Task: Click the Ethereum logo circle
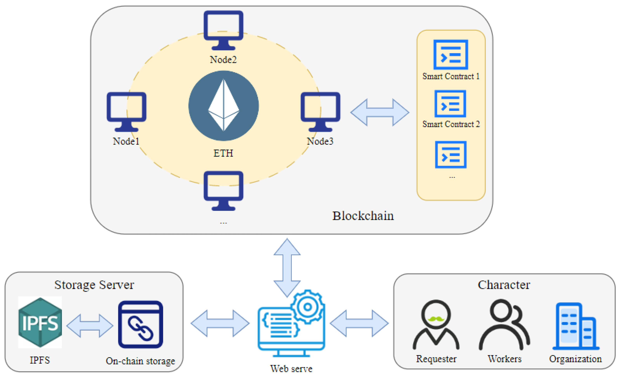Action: (224, 106)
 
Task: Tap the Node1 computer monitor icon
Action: (127, 112)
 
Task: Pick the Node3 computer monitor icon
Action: (320, 112)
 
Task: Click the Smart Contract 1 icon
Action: (451, 54)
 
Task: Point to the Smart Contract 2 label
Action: (451, 124)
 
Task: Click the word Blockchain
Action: (363, 216)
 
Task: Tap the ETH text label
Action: (223, 153)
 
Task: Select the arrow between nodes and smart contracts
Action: (380, 112)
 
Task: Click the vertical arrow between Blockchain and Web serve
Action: (287, 268)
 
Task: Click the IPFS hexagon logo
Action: (40, 322)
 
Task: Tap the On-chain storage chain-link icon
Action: (141, 324)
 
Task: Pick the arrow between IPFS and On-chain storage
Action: (90, 325)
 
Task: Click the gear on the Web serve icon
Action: (307, 307)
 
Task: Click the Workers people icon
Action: (504, 324)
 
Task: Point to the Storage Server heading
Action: (94, 285)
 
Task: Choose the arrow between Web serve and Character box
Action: (359, 323)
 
